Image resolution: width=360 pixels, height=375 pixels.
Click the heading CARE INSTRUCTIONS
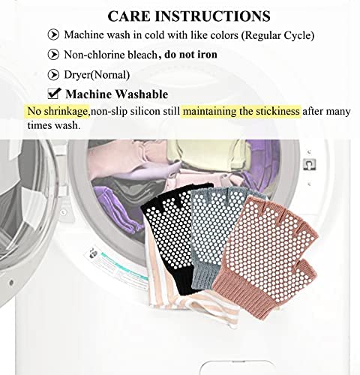(189, 16)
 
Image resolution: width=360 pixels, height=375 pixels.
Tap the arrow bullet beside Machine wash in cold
(53, 34)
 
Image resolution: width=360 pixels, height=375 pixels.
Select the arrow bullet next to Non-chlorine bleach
(53, 55)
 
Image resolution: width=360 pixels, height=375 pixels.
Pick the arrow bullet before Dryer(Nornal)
(53, 74)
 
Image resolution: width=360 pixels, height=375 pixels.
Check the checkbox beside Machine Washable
(54, 94)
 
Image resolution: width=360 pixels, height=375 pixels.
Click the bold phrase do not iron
(190, 54)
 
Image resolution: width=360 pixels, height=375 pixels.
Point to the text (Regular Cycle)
(277, 35)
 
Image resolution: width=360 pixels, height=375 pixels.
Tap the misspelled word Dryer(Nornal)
(97, 75)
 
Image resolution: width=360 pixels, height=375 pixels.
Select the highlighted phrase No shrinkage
(58, 111)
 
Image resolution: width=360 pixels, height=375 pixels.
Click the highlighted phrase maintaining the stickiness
(241, 111)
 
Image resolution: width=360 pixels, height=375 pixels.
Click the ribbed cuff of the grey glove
(204, 276)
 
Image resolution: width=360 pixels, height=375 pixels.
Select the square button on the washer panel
(310, 164)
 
